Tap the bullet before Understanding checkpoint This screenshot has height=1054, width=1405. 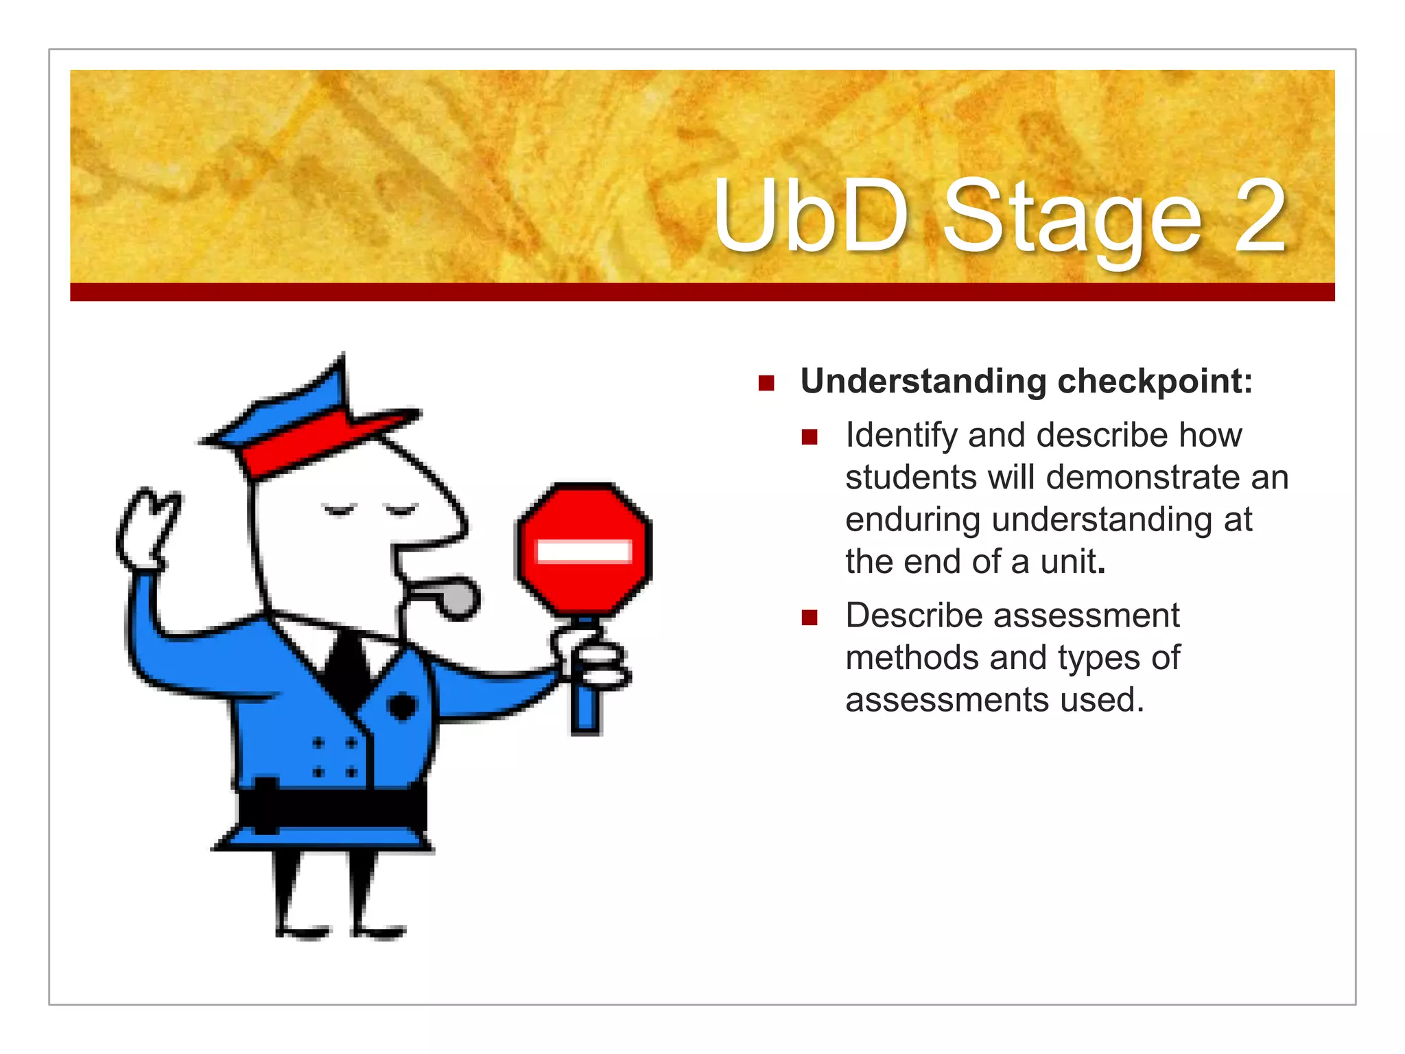pos(766,383)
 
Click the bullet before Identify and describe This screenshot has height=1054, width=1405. pos(810,437)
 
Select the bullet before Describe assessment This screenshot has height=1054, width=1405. pos(810,618)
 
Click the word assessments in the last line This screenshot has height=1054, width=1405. pos(947,700)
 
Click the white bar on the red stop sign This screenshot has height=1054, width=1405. pos(584,551)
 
